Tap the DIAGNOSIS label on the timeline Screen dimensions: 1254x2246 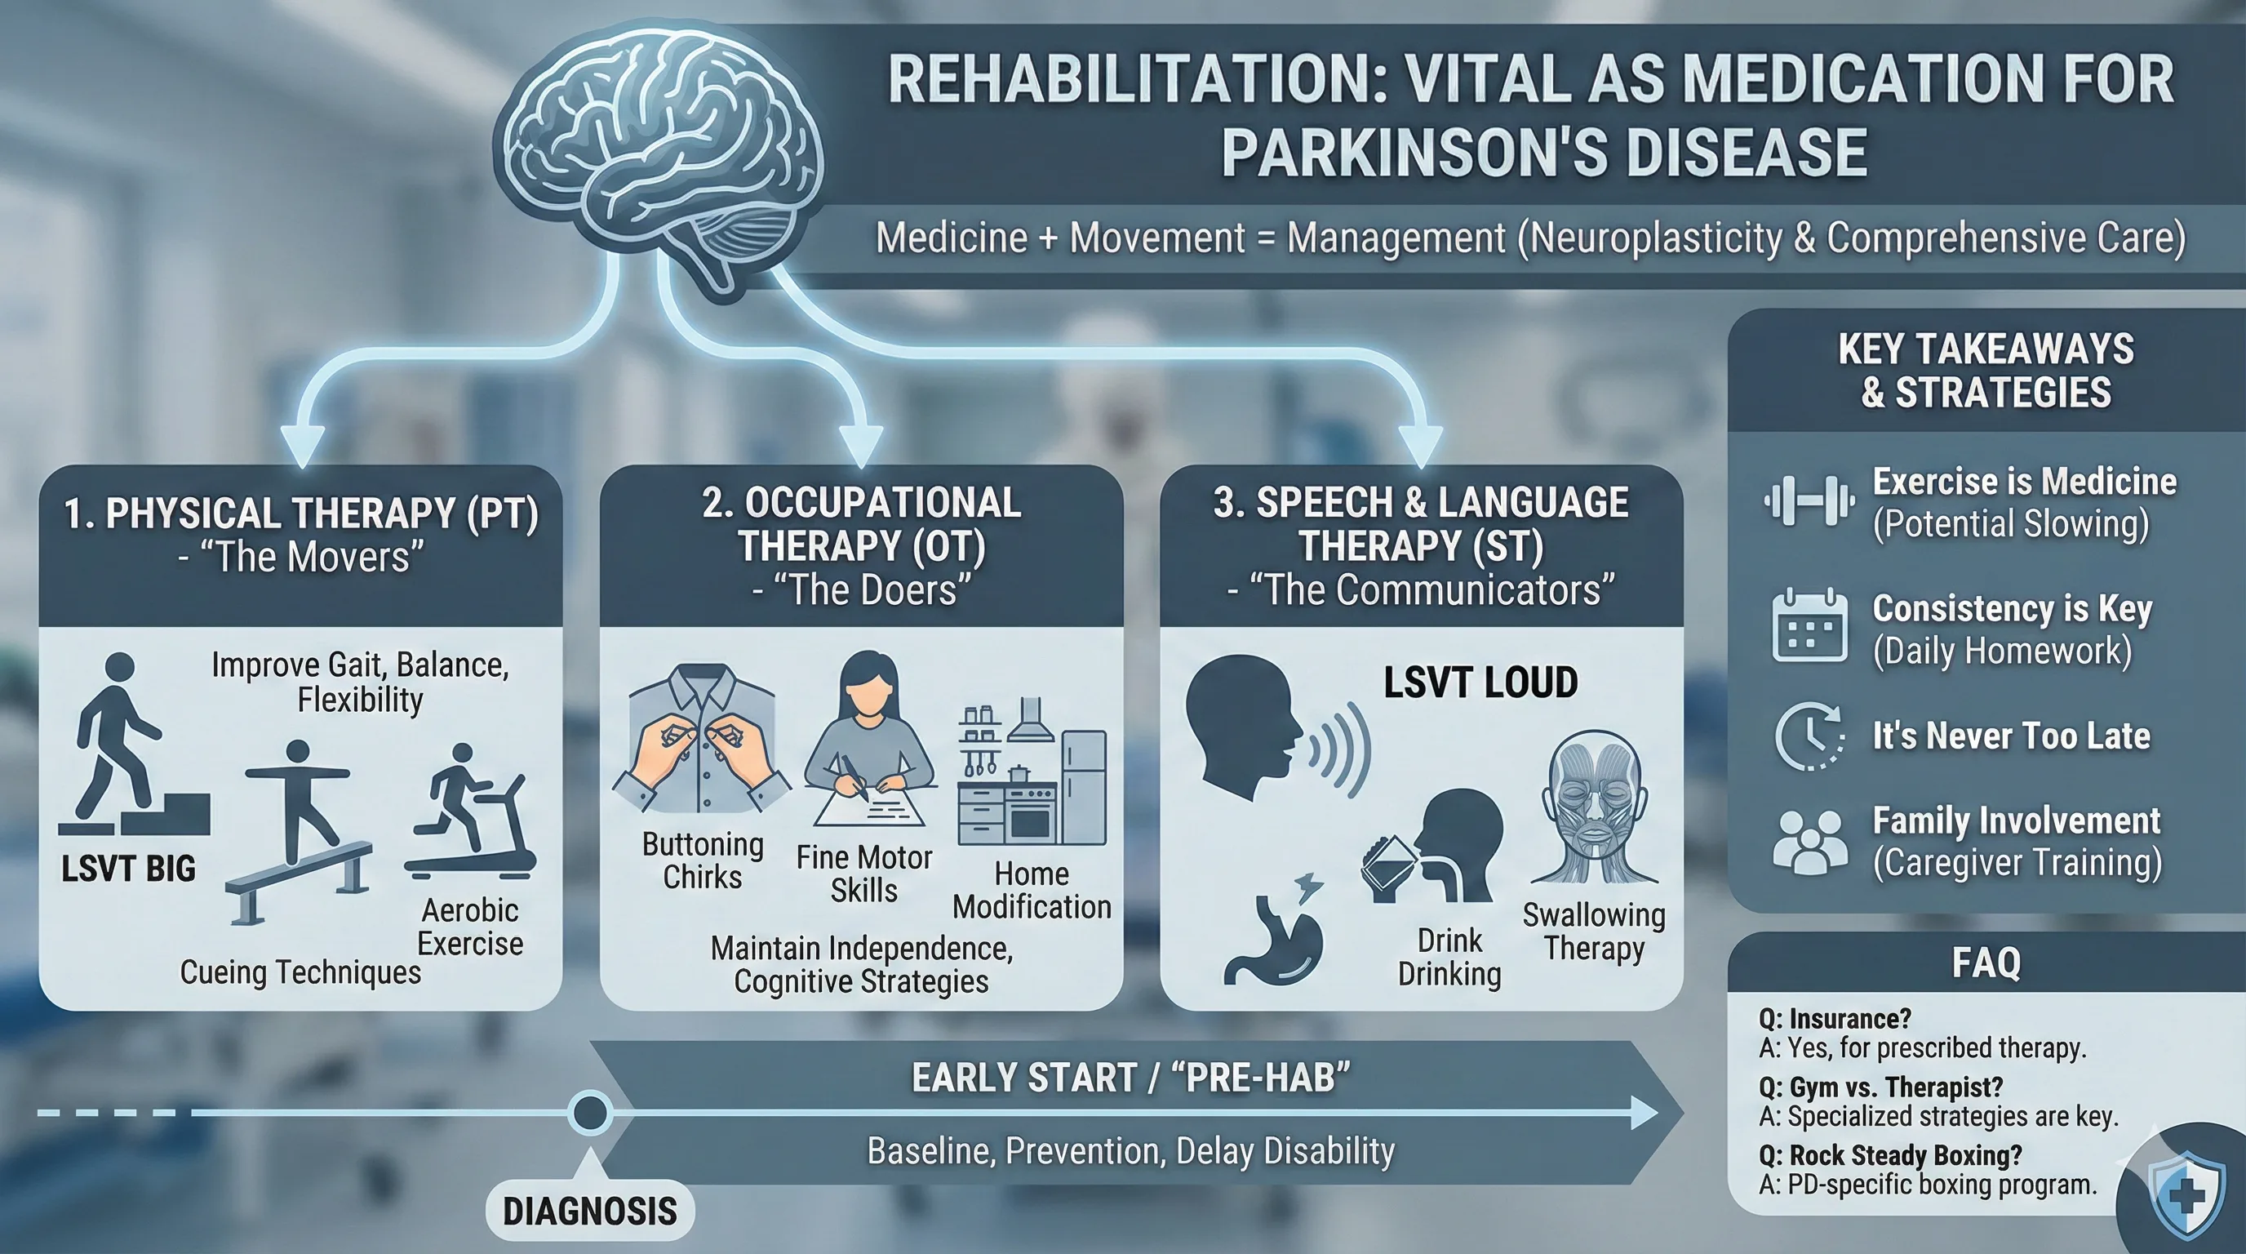click(x=590, y=1211)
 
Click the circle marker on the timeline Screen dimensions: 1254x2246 click(x=589, y=1113)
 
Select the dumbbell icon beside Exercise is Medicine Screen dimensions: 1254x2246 click(x=1809, y=501)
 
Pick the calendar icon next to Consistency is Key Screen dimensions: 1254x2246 click(x=1809, y=626)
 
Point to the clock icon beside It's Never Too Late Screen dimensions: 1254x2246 click(x=1809, y=736)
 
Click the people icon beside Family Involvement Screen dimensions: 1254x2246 click(x=1809, y=841)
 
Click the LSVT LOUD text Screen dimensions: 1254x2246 click(x=1480, y=682)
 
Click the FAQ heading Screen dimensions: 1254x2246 click(x=1986, y=963)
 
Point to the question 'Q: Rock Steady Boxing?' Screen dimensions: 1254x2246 click(x=1889, y=1155)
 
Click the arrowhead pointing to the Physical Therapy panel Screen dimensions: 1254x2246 click(x=303, y=445)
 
